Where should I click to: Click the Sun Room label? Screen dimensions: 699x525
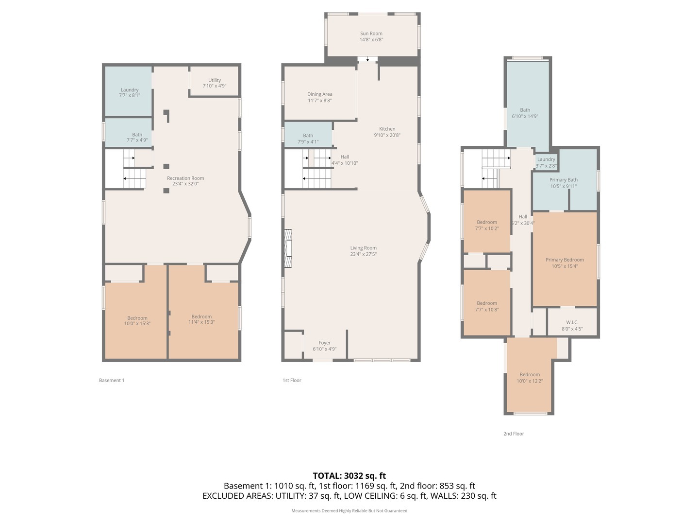[x=371, y=34]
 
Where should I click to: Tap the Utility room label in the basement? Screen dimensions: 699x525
[x=215, y=80]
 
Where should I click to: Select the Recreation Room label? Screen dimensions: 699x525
[x=185, y=178]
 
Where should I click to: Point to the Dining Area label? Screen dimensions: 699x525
[x=319, y=94]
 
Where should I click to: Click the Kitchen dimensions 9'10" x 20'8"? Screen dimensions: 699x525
[x=387, y=135]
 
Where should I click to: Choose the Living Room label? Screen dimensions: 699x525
[x=364, y=248]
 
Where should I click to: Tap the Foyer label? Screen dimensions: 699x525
[x=325, y=343]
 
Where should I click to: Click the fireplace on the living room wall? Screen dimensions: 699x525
[x=288, y=248]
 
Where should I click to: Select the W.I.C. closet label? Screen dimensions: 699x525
[x=572, y=323]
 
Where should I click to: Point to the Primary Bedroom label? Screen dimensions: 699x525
[x=565, y=260]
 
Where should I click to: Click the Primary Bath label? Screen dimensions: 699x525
[x=564, y=180]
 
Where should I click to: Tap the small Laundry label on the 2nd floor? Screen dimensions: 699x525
[x=546, y=159]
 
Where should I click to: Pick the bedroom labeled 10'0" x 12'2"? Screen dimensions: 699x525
[x=530, y=378]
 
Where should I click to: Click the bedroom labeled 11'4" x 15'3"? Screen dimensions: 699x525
[x=201, y=319]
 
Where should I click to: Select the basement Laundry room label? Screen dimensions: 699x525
[x=130, y=90]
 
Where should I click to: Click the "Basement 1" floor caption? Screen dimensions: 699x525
[x=112, y=380]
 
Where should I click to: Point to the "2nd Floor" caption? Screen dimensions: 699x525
[x=514, y=434]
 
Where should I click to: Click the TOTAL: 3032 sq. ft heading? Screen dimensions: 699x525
[x=349, y=475]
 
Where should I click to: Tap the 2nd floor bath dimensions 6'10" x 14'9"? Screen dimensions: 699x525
[x=525, y=116]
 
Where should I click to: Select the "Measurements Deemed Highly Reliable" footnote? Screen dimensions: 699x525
[x=349, y=510]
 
